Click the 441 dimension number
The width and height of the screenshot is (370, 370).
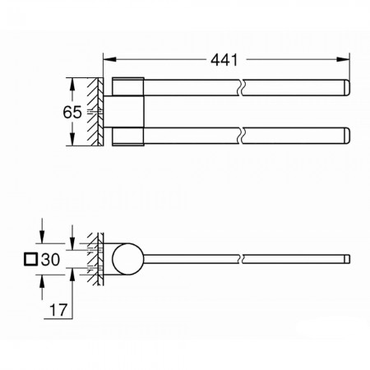pos(224,59)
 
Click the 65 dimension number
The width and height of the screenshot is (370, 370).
pos(72,112)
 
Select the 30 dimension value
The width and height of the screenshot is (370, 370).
pos(50,259)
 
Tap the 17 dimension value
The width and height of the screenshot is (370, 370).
pos(58,310)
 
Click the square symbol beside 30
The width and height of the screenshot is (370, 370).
pos(30,259)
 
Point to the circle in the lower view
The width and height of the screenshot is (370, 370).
pos(127,259)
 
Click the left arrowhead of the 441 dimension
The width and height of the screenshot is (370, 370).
pos(110,59)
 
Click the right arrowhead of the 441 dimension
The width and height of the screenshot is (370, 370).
pos(343,59)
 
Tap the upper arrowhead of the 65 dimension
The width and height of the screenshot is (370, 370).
pos(72,84)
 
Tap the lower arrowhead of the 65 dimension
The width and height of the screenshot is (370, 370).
pos(72,139)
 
